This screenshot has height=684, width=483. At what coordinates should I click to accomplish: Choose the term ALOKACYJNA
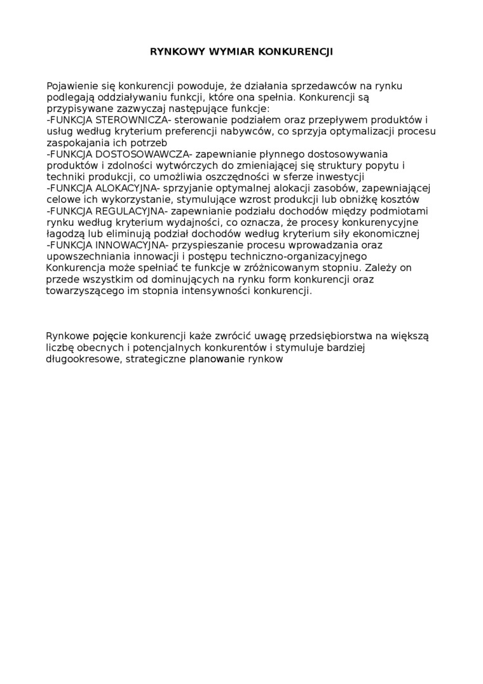click(126, 188)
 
